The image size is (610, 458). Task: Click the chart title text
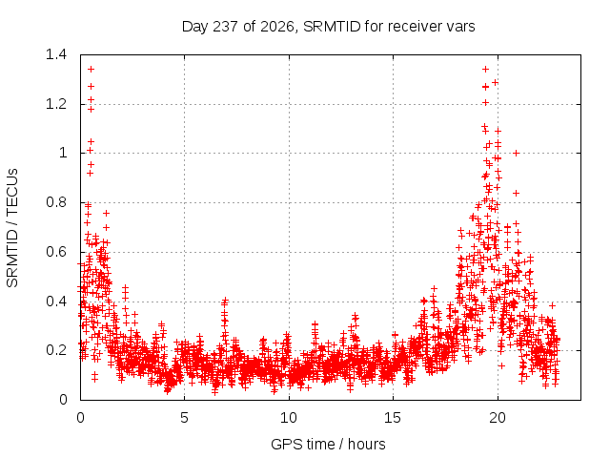(x=328, y=27)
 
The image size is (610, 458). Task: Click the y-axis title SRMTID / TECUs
(x=12, y=228)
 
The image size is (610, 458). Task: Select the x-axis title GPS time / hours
(x=328, y=444)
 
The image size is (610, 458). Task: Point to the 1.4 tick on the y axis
(x=56, y=54)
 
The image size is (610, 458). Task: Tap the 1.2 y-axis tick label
(x=56, y=104)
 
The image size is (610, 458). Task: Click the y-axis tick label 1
(x=63, y=153)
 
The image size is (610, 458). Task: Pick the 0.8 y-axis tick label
(x=56, y=202)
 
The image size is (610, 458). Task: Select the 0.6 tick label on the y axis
(x=56, y=252)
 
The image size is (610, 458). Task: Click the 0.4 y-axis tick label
(x=56, y=302)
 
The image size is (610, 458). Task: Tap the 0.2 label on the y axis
(x=56, y=350)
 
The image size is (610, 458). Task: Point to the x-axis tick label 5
(x=184, y=418)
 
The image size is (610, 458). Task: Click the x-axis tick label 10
(x=289, y=418)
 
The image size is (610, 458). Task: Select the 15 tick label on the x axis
(x=393, y=418)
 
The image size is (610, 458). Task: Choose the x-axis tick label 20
(x=498, y=418)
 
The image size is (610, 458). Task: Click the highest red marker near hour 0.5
(x=91, y=70)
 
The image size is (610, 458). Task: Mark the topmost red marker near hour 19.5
(x=485, y=70)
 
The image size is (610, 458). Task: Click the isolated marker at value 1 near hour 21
(x=516, y=153)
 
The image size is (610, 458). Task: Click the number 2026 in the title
(x=276, y=27)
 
